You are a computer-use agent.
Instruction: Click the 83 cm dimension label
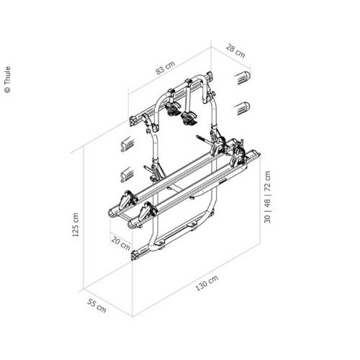tap(166, 68)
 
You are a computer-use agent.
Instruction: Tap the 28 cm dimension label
tap(235, 51)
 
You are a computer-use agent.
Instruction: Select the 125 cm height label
tap(76, 225)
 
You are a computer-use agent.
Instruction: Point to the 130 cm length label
tap(207, 283)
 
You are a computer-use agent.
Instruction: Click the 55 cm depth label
tap(96, 306)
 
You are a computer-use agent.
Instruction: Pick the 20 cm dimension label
tap(121, 243)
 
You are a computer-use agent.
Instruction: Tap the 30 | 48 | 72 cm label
tap(267, 197)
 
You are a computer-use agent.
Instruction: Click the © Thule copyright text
tap(8, 79)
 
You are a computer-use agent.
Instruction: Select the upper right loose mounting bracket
tap(243, 78)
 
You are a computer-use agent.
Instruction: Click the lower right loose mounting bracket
tap(243, 108)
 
